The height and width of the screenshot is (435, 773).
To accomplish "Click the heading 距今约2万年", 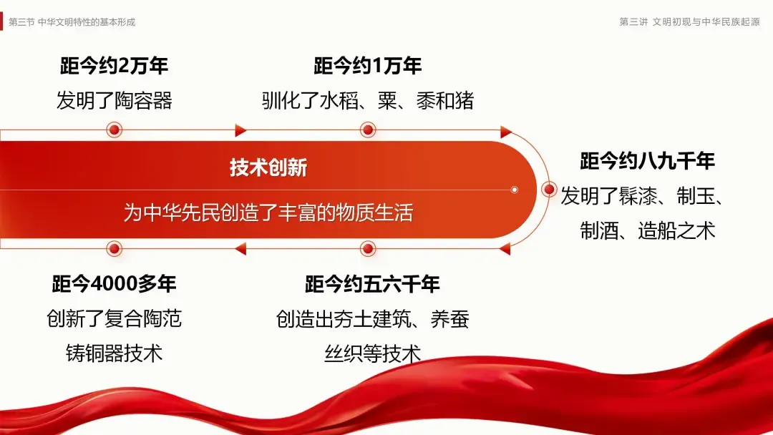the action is (115, 67).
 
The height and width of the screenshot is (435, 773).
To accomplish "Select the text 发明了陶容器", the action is (115, 101).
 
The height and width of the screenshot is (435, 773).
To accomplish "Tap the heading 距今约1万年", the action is (368, 67).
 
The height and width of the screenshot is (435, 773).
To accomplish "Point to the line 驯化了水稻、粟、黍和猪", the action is (368, 101).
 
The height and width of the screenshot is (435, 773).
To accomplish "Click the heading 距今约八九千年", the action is (647, 162).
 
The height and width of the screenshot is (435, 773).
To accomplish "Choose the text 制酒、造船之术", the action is (647, 231).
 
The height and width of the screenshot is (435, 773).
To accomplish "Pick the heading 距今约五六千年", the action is (372, 284).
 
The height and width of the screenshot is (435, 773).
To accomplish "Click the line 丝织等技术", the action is (372, 353).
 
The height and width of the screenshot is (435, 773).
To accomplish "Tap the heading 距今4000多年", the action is (115, 284).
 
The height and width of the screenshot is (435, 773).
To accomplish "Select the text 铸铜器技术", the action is (115, 353).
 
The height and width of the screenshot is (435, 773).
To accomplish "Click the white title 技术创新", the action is (268, 167).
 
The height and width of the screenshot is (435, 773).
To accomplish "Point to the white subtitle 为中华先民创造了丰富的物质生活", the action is (268, 212).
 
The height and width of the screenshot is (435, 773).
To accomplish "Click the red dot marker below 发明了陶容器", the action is (114, 130).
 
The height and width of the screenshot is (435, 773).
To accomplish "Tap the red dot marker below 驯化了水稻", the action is (368, 130).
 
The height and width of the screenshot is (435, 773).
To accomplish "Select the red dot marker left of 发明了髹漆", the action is (549, 190).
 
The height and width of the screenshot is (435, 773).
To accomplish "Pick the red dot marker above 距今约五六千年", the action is (368, 248).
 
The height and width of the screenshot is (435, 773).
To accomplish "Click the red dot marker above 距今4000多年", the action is (114, 248).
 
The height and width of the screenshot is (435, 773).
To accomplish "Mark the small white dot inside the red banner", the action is (514, 190).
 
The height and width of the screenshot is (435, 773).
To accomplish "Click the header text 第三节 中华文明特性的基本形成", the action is (72, 21).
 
